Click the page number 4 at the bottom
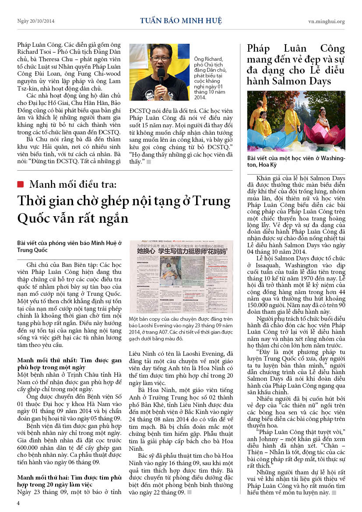[18, 503]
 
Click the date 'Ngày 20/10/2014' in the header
[36, 21]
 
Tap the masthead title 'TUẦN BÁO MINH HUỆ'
[181, 21]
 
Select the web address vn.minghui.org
[326, 21]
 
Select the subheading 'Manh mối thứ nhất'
[47, 360]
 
